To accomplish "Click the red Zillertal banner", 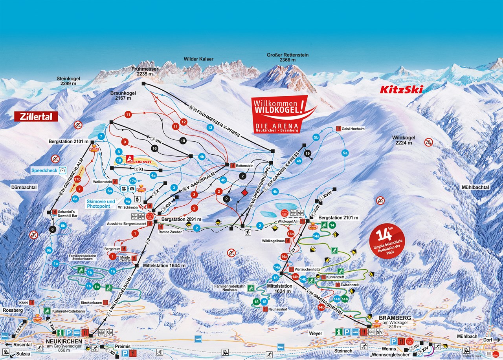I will pos(36,116).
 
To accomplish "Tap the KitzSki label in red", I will pos(401,90).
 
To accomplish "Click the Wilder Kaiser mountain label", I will pos(198,59).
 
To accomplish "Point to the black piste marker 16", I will pos(154,148).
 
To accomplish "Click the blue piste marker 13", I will pos(210,128).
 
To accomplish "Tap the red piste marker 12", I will pos(183,122).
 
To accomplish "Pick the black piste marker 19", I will pos(308,153).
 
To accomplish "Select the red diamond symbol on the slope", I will pos(244,193).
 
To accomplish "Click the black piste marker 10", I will pos(182,141).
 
